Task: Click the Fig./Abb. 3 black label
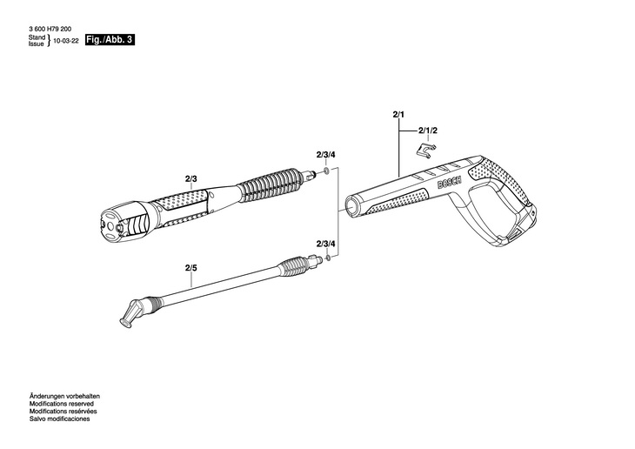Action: click(110, 41)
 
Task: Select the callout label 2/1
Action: click(399, 115)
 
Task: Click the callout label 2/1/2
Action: click(428, 130)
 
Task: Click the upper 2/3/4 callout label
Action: click(325, 155)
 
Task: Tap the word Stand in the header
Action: click(37, 38)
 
